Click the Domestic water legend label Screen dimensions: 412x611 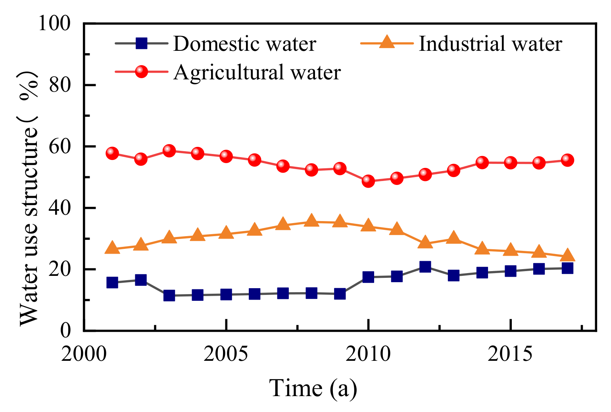[x=244, y=44]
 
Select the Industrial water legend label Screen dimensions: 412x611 [x=490, y=44]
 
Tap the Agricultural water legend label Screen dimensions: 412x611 [x=257, y=72]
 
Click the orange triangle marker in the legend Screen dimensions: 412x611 [x=387, y=42]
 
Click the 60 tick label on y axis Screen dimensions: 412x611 [x=60, y=146]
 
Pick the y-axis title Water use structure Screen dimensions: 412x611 [x=30, y=198]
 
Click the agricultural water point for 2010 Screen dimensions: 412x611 [x=368, y=181]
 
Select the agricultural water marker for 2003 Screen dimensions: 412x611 [x=169, y=151]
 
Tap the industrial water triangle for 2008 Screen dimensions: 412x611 [x=311, y=221]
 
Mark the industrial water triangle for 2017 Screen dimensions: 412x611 [x=567, y=255]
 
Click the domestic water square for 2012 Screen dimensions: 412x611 [x=425, y=266]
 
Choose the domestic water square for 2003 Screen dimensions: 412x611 [x=169, y=295]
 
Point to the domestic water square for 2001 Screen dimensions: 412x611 [x=112, y=283]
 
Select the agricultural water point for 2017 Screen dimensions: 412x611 [x=567, y=160]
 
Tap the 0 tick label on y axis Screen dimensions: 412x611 [x=65, y=330]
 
